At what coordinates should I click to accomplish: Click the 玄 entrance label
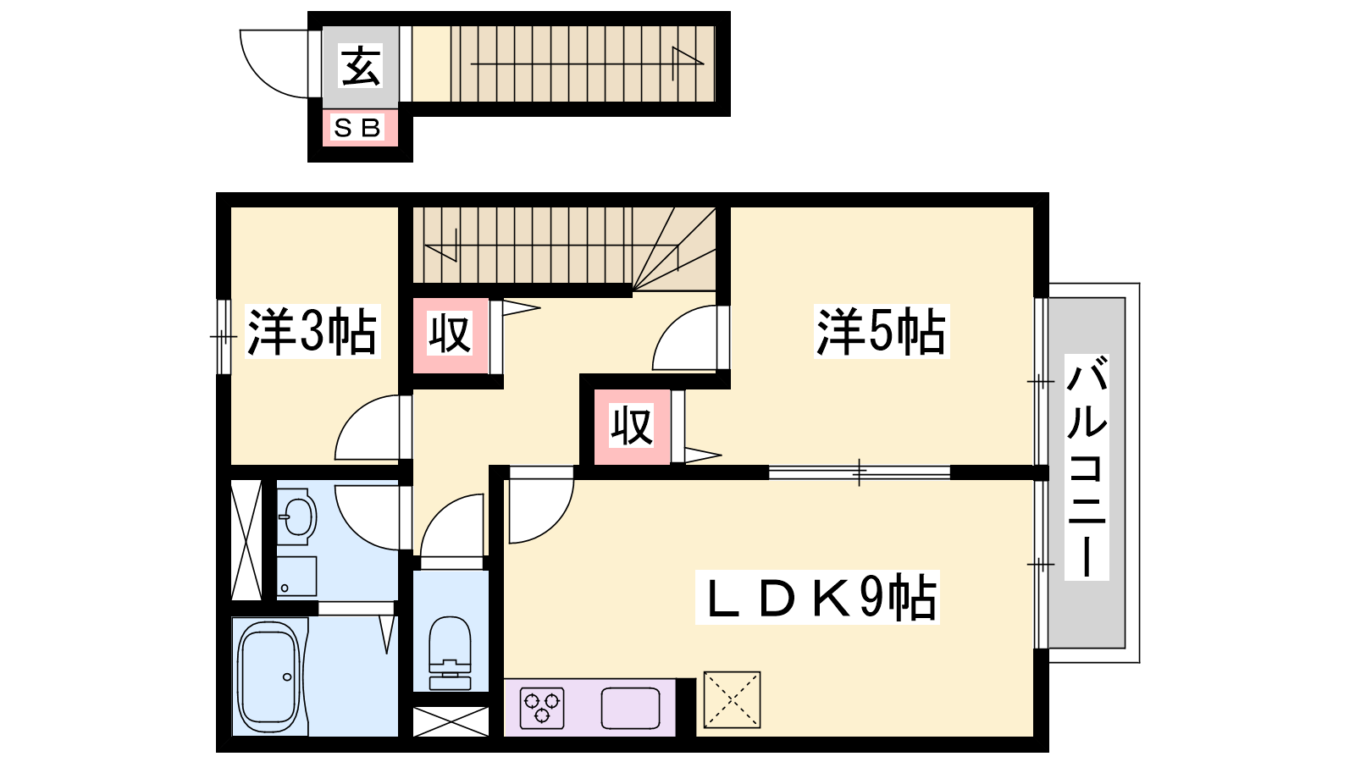(361, 66)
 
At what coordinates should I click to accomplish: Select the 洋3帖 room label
(312, 331)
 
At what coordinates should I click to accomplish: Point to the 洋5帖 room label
(881, 331)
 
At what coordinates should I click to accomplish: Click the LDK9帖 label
(818, 597)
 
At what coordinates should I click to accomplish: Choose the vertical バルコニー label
(1087, 467)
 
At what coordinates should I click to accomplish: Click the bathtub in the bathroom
(268, 676)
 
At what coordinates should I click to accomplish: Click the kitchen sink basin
(630, 708)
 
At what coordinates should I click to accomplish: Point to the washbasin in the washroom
(296, 516)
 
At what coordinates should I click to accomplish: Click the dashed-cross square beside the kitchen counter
(732, 699)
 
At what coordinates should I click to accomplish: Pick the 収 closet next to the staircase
(450, 334)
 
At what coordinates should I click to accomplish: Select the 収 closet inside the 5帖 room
(632, 427)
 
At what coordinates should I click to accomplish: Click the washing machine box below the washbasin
(296, 577)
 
